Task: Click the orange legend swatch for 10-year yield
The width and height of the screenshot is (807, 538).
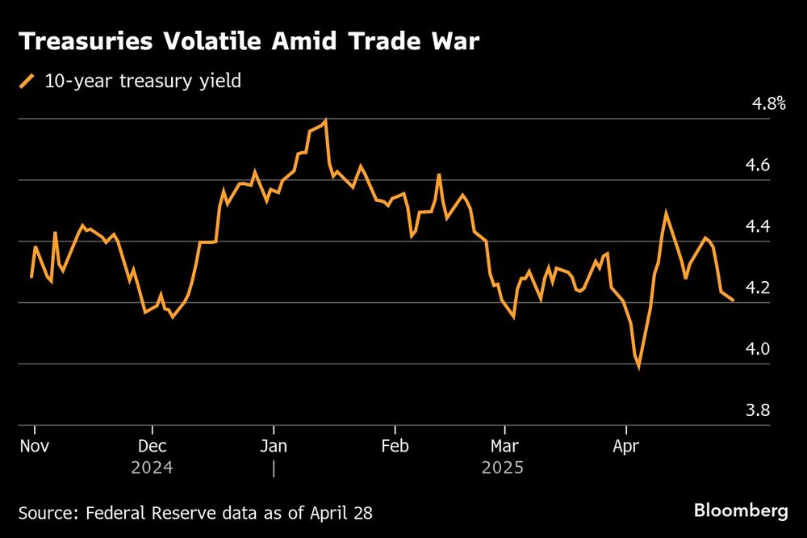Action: [x=27, y=81]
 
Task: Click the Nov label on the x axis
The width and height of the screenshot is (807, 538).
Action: [x=34, y=447]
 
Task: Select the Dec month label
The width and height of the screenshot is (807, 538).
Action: [x=153, y=447]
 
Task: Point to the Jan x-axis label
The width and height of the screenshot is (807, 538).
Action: [x=274, y=447]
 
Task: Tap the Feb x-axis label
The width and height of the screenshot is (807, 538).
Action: [x=395, y=447]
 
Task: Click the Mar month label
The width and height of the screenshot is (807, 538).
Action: [x=504, y=447]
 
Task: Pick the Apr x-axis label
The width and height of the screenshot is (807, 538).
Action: [x=625, y=447]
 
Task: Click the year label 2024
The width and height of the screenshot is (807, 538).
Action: [x=153, y=468]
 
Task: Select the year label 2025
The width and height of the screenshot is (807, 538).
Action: [x=503, y=468]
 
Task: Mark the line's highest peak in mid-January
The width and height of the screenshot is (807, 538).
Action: [x=325, y=120]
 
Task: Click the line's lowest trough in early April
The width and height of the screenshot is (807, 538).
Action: [x=639, y=368]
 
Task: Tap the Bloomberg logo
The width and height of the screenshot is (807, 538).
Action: [x=741, y=511]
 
